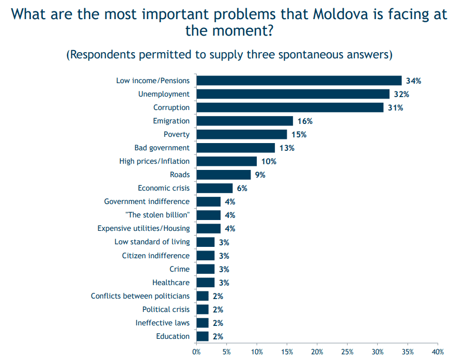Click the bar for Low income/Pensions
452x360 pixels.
coord(299,81)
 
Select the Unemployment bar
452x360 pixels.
coord(293,94)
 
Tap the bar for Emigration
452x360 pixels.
coord(245,121)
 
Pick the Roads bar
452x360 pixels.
coord(224,175)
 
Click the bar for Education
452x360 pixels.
coord(202,336)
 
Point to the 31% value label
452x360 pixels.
coord(395,108)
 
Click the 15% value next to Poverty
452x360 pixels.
coord(299,135)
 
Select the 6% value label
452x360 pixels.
coord(242,189)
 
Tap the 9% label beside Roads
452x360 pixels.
coord(260,175)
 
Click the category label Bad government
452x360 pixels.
coord(162,148)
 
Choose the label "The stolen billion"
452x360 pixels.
coord(158,215)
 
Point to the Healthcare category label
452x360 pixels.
coord(171,283)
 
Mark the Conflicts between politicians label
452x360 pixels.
coord(140,296)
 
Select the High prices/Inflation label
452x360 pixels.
coord(154,161)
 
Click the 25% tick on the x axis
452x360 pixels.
coord(347,352)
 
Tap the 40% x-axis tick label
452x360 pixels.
coord(438,352)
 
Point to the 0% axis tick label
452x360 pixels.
coord(196,352)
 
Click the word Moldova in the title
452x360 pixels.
coord(340,14)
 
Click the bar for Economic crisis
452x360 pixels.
coord(214,188)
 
